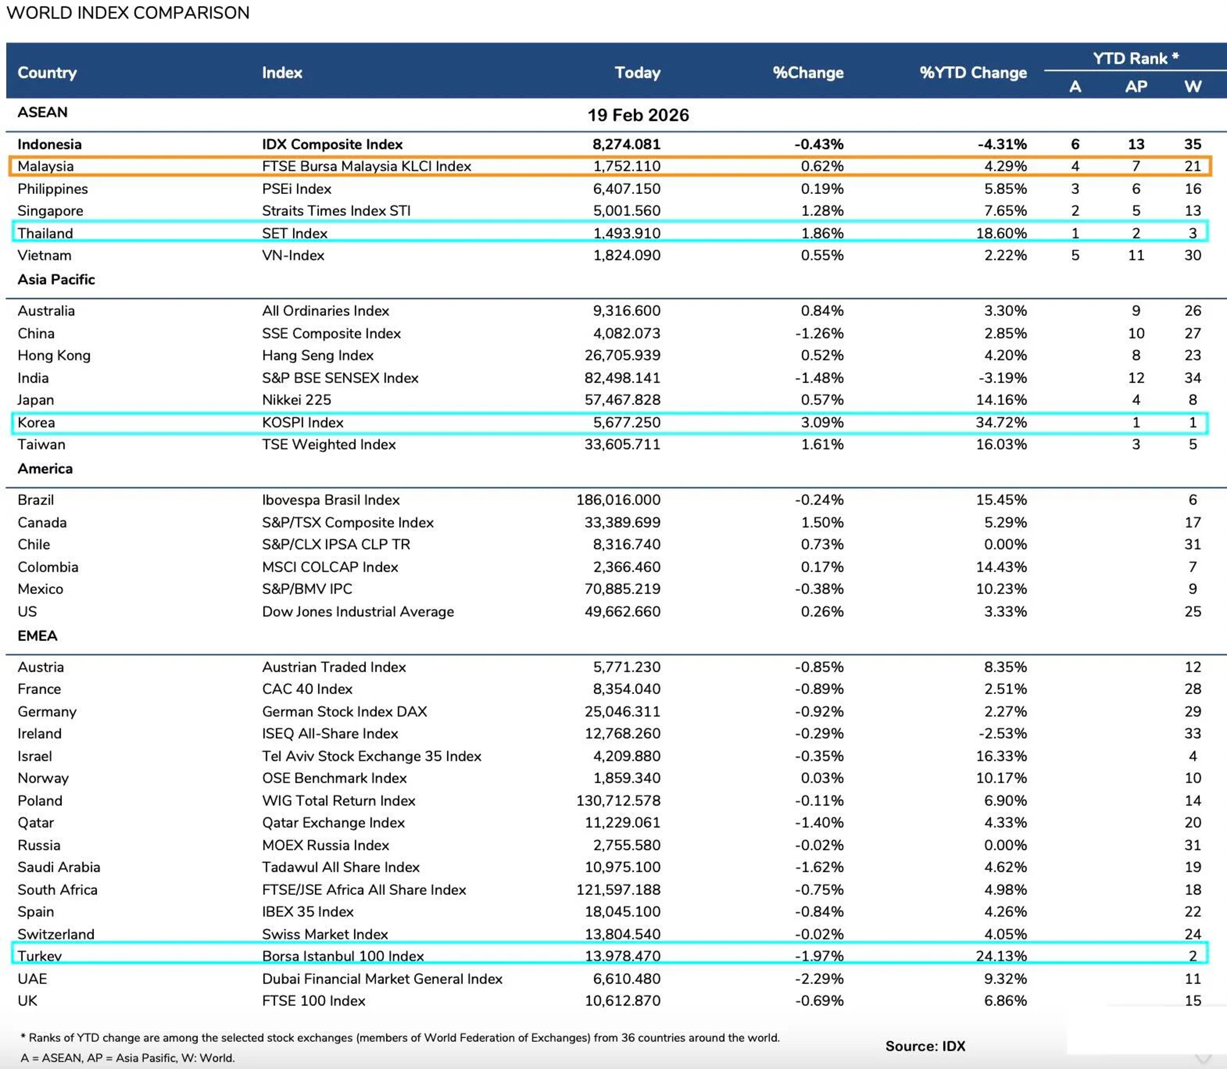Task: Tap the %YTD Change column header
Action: point(973,73)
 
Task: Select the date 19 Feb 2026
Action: point(638,115)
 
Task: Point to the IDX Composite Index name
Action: point(332,144)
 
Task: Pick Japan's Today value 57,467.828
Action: point(622,400)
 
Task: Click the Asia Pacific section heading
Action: point(56,279)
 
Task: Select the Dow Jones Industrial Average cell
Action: point(358,611)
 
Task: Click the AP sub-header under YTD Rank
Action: point(1136,87)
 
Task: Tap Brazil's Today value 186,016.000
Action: point(618,500)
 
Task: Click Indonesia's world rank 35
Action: point(1192,144)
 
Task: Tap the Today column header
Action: point(637,73)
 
